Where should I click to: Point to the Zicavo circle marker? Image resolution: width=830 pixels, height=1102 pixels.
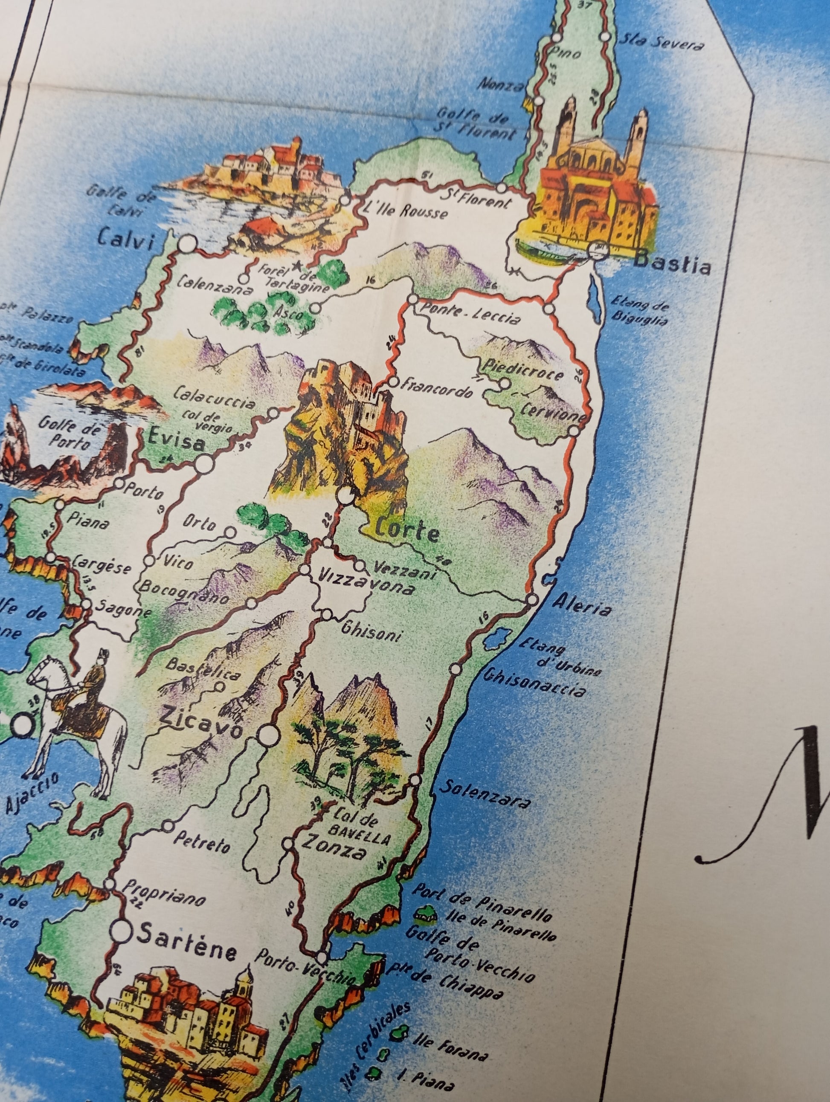[x=268, y=733]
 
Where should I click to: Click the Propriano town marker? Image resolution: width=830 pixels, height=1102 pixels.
[x=110, y=884]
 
